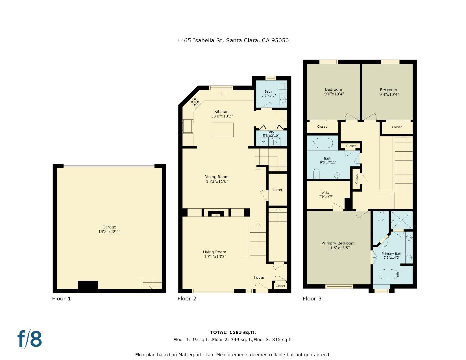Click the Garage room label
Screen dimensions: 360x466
click(109, 227)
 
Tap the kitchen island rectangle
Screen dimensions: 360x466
click(223, 130)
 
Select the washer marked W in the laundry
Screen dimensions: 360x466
click(264, 142)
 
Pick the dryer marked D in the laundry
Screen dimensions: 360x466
click(275, 142)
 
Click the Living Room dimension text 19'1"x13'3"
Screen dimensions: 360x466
click(215, 257)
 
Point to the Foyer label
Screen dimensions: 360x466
click(259, 277)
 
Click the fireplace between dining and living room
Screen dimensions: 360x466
click(216, 214)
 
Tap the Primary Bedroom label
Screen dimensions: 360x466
click(338, 243)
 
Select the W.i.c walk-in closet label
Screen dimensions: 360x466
click(325, 193)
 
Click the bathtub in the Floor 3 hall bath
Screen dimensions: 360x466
click(323, 143)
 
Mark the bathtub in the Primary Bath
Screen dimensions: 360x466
click(388, 275)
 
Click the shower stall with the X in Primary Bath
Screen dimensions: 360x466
click(402, 220)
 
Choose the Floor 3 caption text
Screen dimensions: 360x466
click(312, 299)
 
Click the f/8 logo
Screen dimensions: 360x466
click(30, 339)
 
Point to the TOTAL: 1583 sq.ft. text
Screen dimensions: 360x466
click(233, 332)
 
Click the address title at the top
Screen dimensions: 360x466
click(233, 40)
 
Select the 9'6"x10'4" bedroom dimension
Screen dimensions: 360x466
click(334, 94)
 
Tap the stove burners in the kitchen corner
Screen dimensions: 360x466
click(195, 102)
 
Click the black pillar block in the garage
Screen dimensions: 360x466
click(88, 285)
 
